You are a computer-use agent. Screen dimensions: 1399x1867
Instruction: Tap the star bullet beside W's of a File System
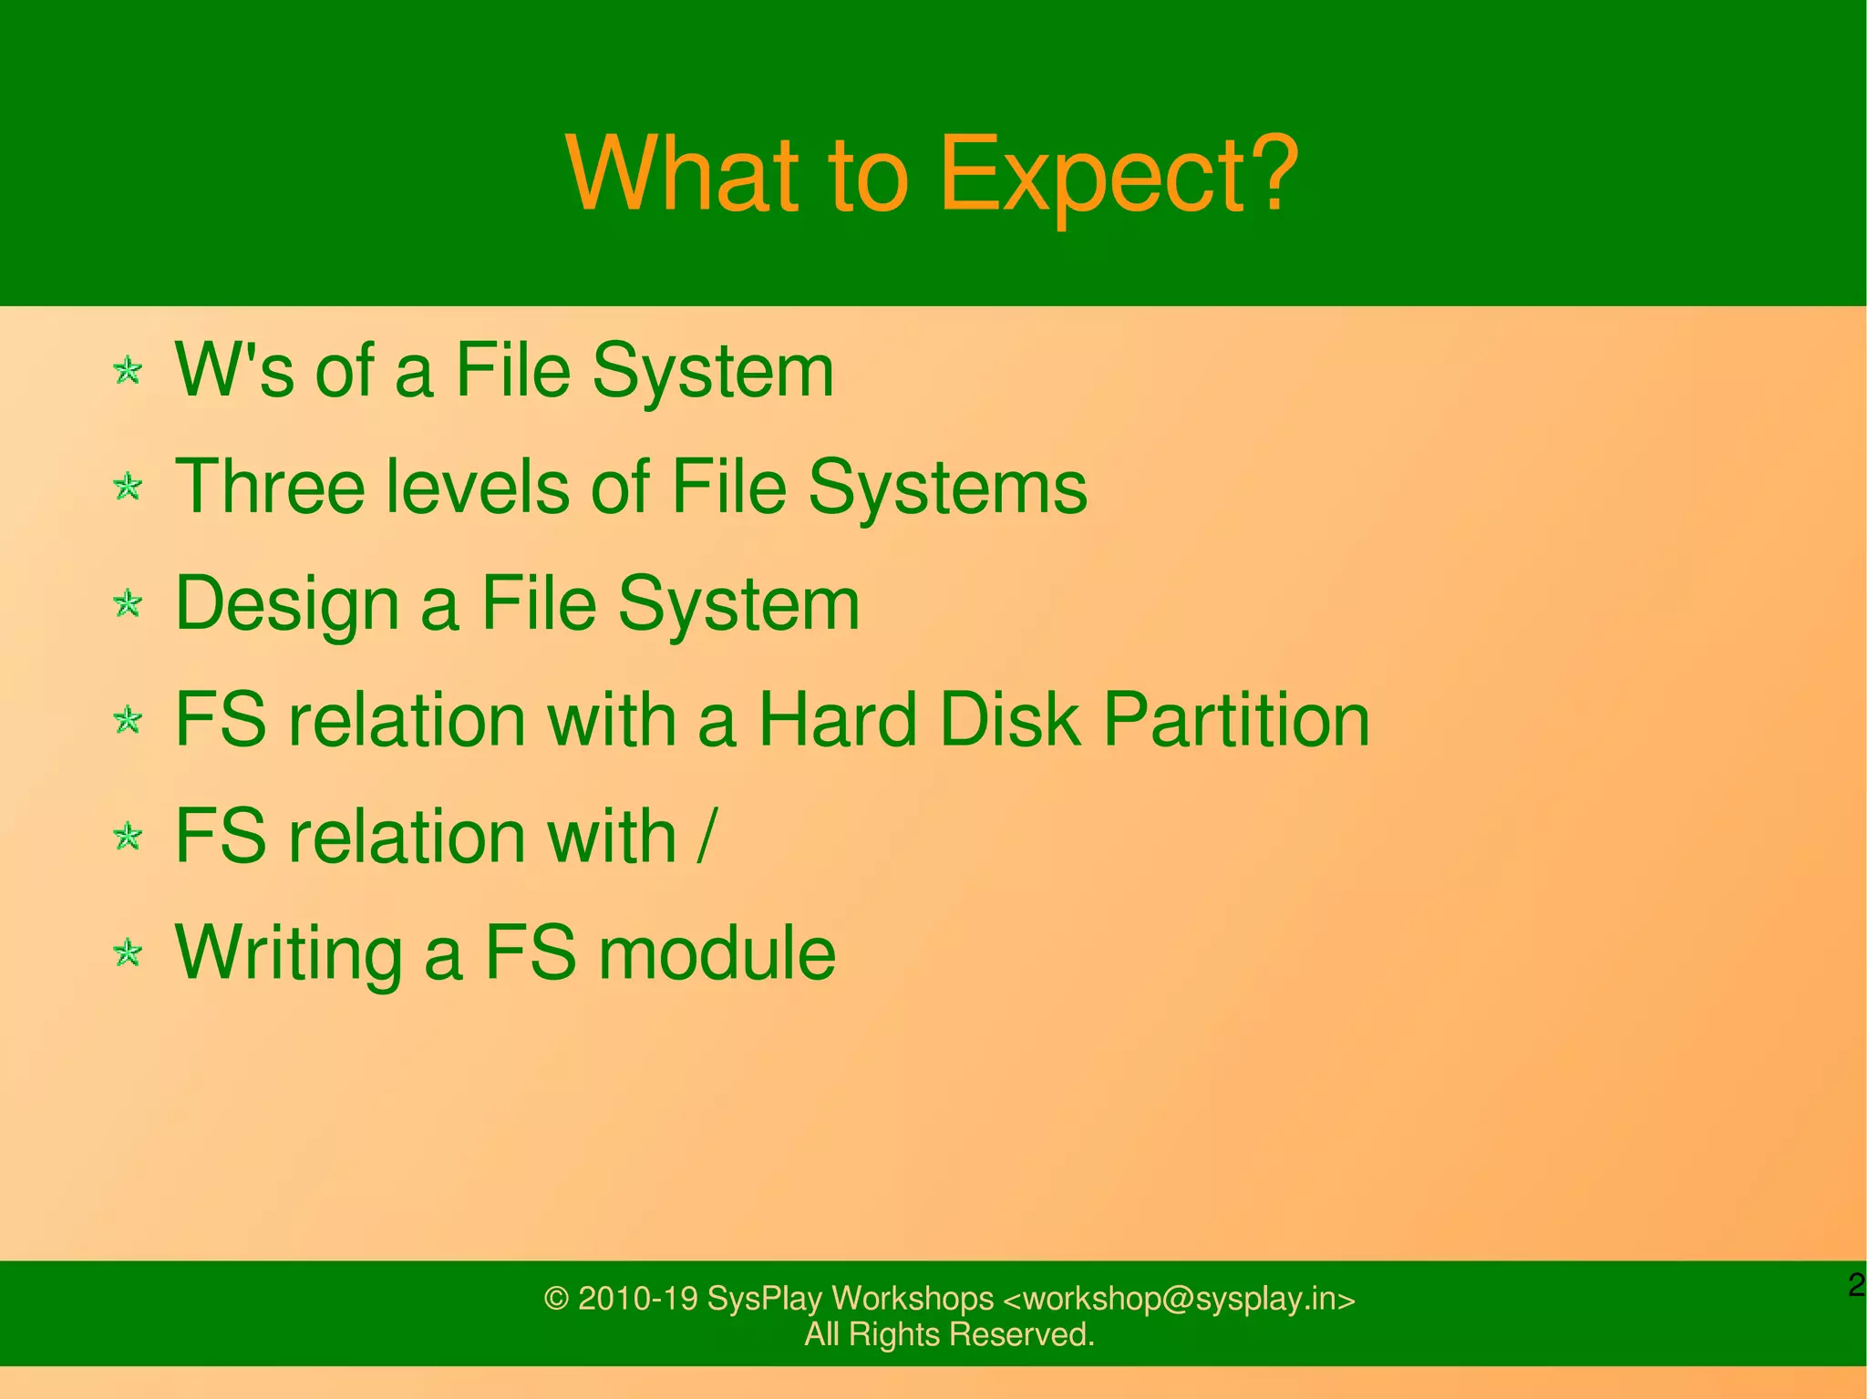(128, 371)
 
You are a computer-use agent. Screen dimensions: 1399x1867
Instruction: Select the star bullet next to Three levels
(128, 487)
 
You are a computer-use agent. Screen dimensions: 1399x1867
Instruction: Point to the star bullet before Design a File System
(128, 603)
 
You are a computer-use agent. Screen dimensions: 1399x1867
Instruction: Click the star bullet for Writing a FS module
(128, 953)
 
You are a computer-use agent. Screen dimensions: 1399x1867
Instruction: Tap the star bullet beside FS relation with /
(128, 837)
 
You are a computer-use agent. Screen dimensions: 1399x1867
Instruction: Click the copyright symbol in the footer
(556, 1298)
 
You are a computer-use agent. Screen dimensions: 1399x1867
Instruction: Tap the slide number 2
(1856, 1285)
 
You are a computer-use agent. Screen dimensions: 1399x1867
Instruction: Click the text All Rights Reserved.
(949, 1334)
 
